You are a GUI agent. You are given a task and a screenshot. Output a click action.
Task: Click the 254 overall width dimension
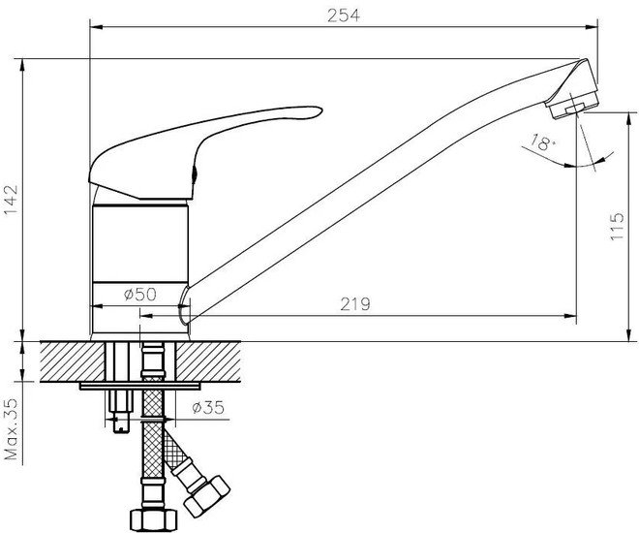[x=344, y=16]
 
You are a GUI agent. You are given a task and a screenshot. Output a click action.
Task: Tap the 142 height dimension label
[x=11, y=201]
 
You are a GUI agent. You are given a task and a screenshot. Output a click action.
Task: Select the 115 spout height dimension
[x=617, y=226]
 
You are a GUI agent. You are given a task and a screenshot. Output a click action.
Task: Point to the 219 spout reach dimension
[x=355, y=304]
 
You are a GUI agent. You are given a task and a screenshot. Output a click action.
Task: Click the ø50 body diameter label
[x=139, y=294]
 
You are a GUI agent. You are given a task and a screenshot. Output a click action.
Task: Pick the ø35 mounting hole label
[x=208, y=407]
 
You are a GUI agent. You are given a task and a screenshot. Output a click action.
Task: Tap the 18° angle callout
[x=543, y=142]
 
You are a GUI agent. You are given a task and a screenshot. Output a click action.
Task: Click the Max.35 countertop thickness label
[x=11, y=429]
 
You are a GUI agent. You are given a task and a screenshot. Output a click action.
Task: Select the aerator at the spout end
[x=573, y=105]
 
